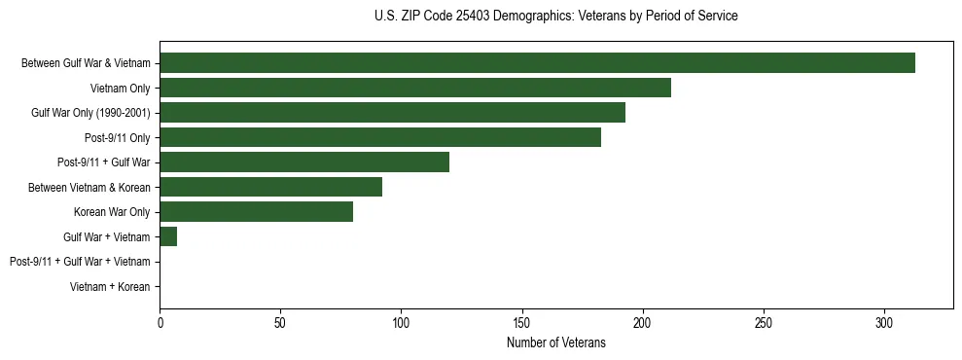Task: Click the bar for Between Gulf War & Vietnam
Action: [537, 63]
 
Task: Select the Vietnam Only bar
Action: [415, 88]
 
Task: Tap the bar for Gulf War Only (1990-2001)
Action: [392, 113]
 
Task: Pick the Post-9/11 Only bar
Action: [380, 137]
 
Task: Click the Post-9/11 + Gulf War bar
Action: [304, 162]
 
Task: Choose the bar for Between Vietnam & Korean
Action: [270, 187]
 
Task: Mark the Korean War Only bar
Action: [256, 212]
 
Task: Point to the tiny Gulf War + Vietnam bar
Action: [168, 236]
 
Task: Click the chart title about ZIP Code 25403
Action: [555, 17]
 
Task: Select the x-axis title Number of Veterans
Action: [555, 343]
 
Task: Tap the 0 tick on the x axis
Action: [160, 322]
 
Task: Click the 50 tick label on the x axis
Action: [281, 322]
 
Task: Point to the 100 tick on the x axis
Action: [402, 322]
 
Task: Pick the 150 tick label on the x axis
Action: [522, 322]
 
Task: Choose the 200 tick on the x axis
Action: [643, 322]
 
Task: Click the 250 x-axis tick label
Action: [764, 322]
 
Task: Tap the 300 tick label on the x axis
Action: [884, 322]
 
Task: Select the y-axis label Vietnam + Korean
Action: [110, 287]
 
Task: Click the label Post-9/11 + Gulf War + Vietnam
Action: [80, 262]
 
